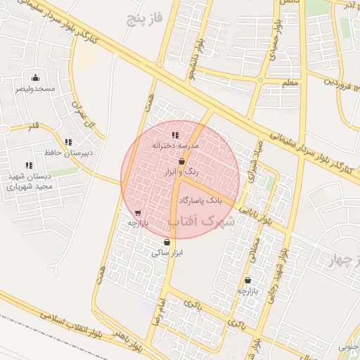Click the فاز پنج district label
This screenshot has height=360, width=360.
pos(145,18)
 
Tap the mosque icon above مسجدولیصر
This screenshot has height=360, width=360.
pos(36,77)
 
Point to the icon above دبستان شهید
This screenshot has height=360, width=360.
pos(29,165)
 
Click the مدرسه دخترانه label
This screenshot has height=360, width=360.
pos(175,145)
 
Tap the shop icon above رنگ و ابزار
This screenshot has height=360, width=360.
pos(181,162)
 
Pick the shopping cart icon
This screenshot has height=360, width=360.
pos(137,212)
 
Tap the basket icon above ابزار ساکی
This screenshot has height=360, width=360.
pos(166,243)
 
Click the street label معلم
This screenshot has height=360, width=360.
pos(290,84)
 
